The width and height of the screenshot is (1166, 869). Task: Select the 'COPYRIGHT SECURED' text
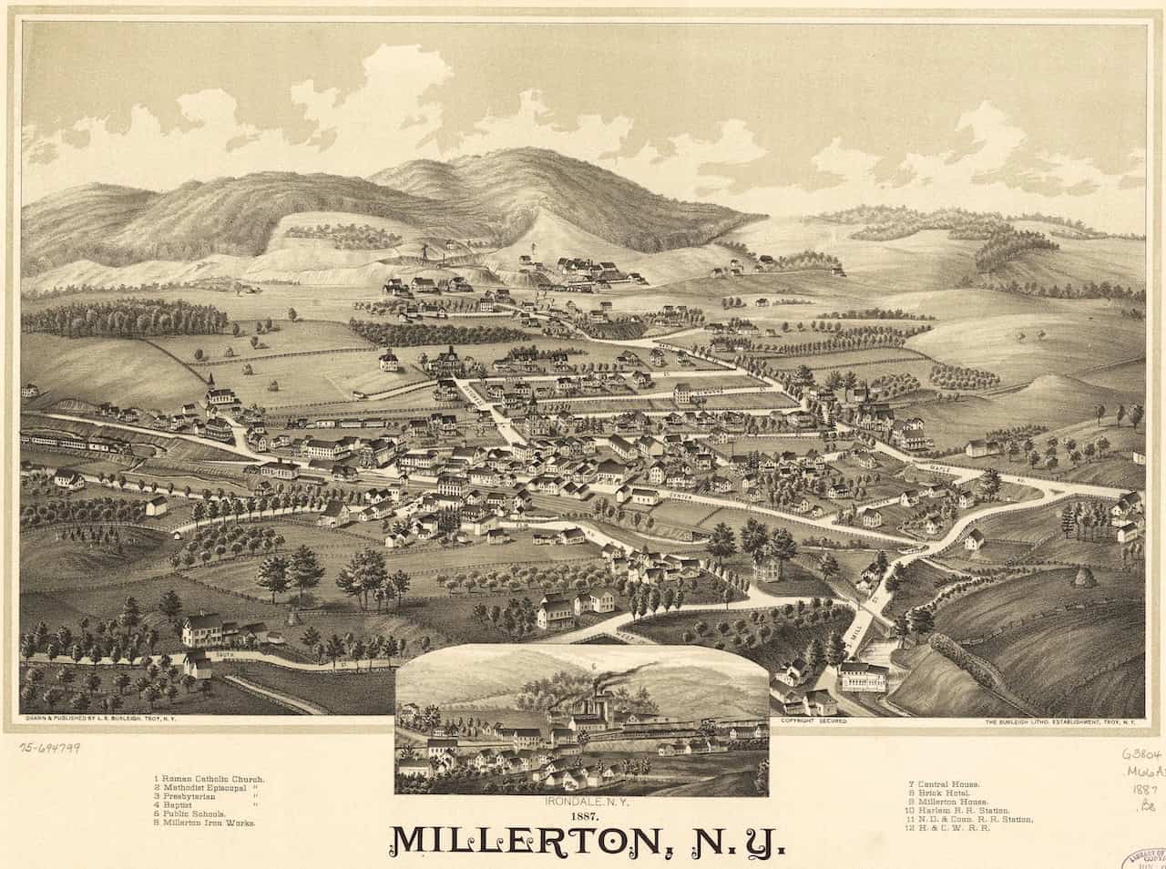(x=813, y=721)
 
